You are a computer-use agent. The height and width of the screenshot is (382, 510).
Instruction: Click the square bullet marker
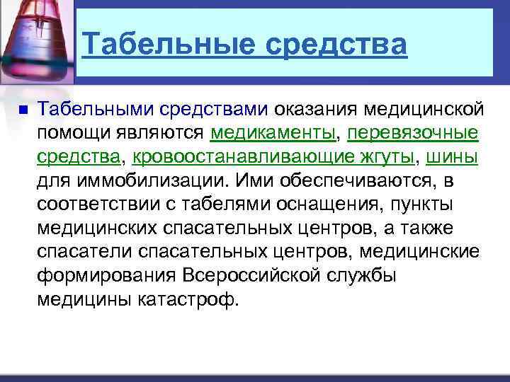[21, 110]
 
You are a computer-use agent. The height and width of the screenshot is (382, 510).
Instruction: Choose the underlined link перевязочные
[413, 134]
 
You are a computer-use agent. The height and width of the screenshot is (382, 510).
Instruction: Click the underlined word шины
[451, 157]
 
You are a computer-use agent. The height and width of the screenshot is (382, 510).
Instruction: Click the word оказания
[316, 110]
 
